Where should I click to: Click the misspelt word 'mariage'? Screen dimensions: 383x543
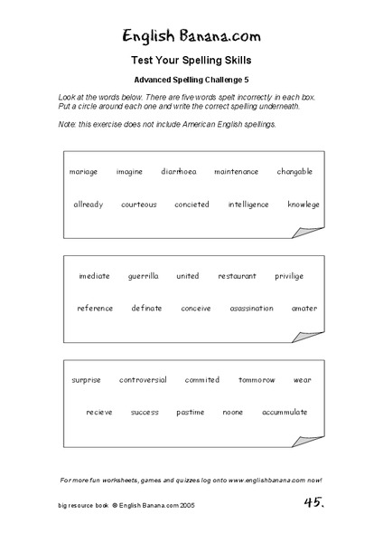point(83,171)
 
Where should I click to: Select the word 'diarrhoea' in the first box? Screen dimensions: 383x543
point(179,171)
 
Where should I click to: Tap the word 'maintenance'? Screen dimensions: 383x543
point(236,171)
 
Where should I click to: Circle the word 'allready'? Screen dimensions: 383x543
point(89,205)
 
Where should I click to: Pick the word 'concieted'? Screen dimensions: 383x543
point(191,205)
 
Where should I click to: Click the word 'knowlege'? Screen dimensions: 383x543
point(303,205)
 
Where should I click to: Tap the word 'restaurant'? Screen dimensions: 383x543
point(237,276)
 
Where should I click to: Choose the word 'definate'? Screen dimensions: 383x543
point(146,308)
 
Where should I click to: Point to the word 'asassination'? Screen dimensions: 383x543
point(251,308)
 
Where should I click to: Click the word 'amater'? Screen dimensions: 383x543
point(304,308)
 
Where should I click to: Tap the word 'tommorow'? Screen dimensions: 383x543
point(257,380)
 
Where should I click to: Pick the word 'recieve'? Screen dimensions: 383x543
point(99,412)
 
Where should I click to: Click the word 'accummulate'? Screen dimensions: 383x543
point(285,412)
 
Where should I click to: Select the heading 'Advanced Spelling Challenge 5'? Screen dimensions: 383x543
point(191,79)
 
